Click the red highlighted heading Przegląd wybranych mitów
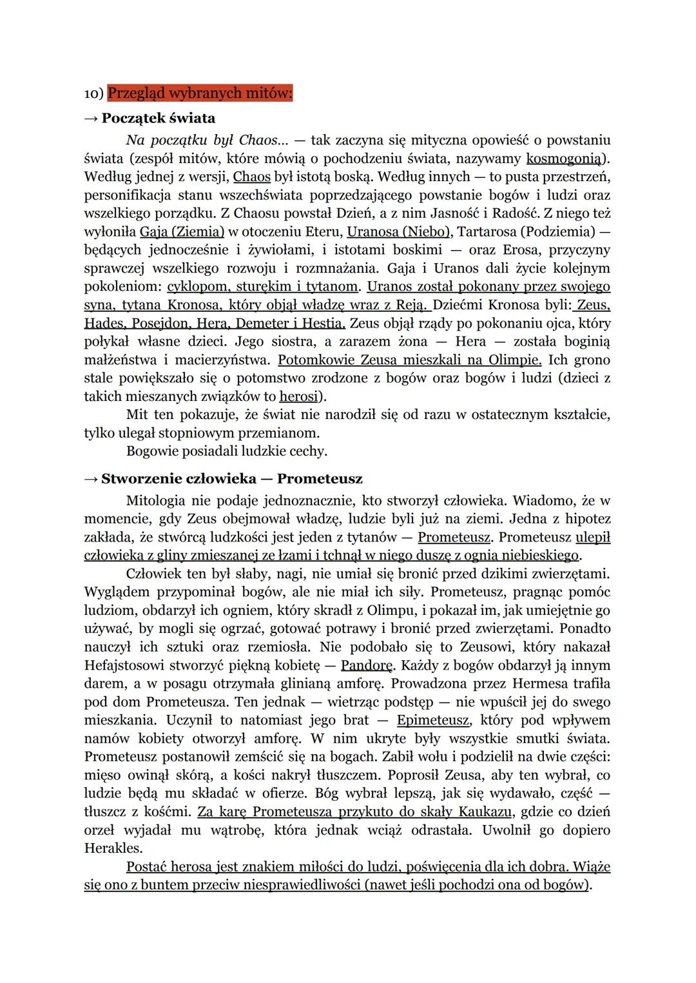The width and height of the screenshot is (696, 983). coord(200,93)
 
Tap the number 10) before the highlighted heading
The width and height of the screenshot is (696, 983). coord(94,93)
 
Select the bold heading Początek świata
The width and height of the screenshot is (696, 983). coord(158,118)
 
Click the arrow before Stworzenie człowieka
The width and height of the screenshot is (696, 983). coord(91,479)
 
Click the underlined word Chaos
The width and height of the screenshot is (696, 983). coord(251,176)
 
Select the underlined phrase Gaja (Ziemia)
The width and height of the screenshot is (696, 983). coord(182,231)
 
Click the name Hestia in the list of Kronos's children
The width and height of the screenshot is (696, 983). coord(326,323)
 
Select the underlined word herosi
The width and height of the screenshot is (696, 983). coord(299,396)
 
